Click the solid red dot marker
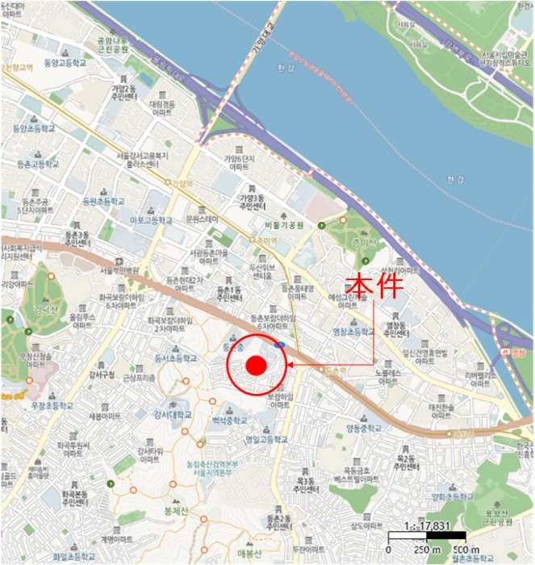click(x=256, y=366)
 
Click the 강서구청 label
click(x=103, y=374)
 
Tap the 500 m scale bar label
click(x=462, y=550)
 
